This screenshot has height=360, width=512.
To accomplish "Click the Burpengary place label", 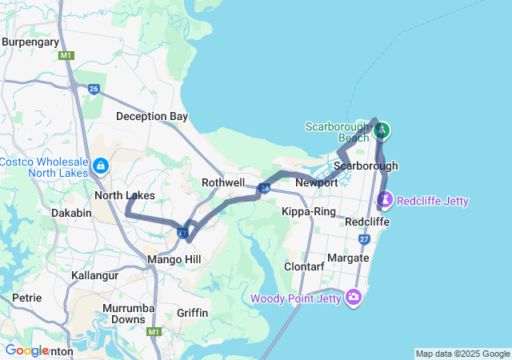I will point(31,42).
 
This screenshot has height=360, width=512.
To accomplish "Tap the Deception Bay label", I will point(152,116).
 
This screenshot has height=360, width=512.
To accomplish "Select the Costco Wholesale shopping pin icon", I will point(101,166).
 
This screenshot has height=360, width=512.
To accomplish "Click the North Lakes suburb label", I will point(124,195).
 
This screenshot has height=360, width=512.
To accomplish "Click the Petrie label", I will point(27,298).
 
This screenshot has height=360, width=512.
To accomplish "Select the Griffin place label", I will point(193,313).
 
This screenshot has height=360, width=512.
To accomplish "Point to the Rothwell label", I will point(223,182).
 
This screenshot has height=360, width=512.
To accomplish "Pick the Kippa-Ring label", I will point(308,211).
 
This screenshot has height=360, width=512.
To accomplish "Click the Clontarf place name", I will point(305,266).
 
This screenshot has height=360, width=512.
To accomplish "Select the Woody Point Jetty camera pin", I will point(353,298).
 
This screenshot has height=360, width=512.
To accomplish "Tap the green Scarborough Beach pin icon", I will point(382,130).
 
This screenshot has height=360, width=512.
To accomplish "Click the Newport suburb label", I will point(317,182).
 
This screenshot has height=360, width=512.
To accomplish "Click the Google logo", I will point(26,350).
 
